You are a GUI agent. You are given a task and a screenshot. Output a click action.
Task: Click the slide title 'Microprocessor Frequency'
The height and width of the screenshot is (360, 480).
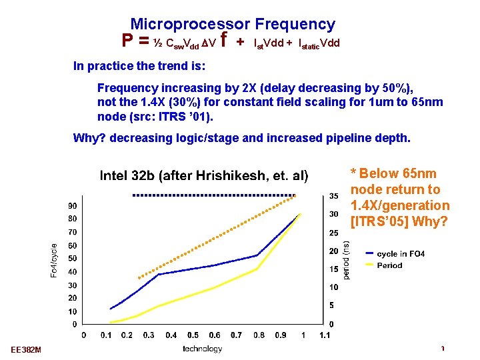pyautogui.click(x=233, y=25)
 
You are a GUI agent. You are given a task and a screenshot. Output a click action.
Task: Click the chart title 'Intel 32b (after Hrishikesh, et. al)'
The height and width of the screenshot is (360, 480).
pyautogui.click(x=203, y=176)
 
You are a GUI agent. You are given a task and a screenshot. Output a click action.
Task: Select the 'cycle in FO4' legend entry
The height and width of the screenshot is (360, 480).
pyautogui.click(x=400, y=253)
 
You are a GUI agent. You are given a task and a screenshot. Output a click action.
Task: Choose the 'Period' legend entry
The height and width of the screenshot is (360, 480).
pyautogui.click(x=389, y=265)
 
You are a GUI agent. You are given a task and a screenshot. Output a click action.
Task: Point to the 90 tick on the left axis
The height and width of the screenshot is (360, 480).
pyautogui.click(x=72, y=205)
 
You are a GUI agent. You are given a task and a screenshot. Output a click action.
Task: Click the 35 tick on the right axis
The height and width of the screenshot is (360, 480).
pyautogui.click(x=335, y=195)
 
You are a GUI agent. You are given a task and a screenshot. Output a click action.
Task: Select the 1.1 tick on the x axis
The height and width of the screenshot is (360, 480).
pyautogui.click(x=325, y=335)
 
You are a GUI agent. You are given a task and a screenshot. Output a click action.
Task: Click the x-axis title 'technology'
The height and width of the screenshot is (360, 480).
pyautogui.click(x=202, y=349)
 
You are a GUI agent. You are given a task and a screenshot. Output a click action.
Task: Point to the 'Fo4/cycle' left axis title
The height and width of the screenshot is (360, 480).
pyautogui.click(x=55, y=260)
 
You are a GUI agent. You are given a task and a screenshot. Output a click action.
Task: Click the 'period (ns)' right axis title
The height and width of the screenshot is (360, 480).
pyautogui.click(x=346, y=260)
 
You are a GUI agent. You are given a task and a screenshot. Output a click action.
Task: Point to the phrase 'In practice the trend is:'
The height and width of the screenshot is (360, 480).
pyautogui.click(x=139, y=67)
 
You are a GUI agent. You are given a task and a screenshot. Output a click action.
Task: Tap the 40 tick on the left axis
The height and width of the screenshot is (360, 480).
pyautogui.click(x=72, y=271)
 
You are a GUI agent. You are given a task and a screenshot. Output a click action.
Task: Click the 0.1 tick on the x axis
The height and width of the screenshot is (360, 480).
pyautogui.click(x=106, y=335)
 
